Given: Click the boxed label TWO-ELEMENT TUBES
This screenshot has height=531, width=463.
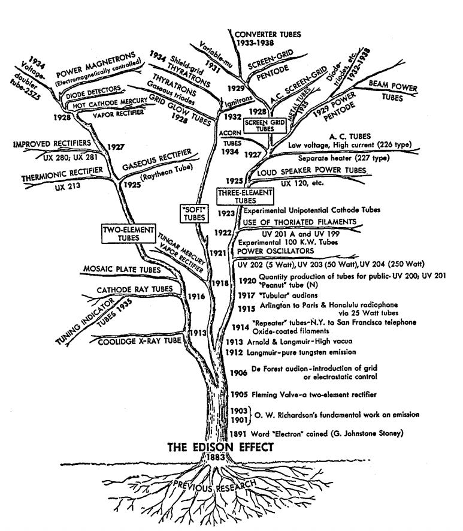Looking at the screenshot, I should click(x=128, y=234).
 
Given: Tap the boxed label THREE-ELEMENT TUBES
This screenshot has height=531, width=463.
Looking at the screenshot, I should click(x=244, y=197).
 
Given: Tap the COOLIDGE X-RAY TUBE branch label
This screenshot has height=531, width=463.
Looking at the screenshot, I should click(x=140, y=340).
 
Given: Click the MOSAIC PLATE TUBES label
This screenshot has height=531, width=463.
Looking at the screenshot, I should click(x=123, y=270).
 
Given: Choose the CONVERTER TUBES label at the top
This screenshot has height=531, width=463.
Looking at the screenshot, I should click(x=267, y=34).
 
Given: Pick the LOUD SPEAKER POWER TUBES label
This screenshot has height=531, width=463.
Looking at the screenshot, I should click(x=311, y=172).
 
